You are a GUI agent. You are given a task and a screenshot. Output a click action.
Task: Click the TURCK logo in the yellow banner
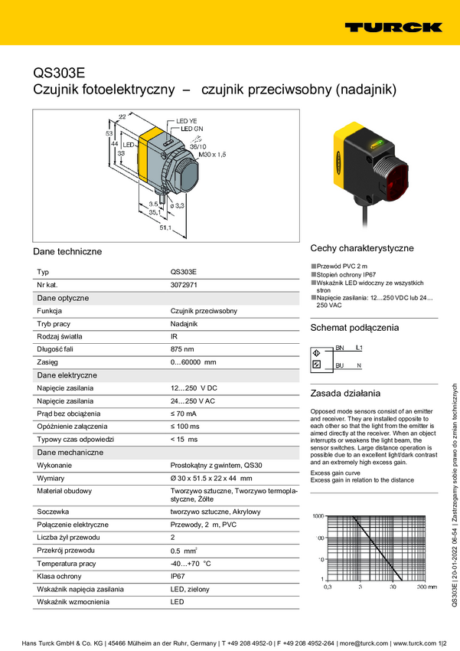point(393,27)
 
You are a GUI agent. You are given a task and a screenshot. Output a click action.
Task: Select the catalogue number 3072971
point(184,284)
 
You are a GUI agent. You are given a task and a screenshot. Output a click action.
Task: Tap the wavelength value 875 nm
point(182,349)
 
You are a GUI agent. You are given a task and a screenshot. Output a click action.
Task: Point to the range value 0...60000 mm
point(193,362)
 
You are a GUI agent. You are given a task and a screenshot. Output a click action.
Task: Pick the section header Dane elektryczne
point(67,375)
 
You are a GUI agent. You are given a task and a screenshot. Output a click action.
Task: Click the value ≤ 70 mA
point(184,414)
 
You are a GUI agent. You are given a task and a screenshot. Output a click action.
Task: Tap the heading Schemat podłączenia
point(354,328)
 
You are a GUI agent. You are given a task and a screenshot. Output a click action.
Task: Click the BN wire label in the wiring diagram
point(340,348)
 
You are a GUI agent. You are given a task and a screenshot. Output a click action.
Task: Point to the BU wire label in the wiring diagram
point(340,365)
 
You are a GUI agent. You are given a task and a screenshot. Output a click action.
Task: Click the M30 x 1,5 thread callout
point(213,155)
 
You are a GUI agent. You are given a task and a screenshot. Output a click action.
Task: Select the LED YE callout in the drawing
point(187,121)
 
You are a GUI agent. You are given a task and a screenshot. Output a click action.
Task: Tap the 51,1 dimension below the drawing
point(165,227)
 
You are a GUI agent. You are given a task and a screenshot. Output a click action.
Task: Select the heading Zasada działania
point(344,393)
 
